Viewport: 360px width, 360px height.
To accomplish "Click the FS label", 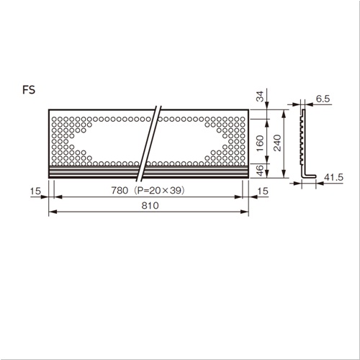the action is pos(29,90).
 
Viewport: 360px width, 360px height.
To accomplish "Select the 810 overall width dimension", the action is pos(150,206).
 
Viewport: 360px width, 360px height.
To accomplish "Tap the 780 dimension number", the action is pos(120,191).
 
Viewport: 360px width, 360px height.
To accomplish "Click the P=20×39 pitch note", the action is pos(159,191).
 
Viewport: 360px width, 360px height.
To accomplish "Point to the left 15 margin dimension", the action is pos(35,192).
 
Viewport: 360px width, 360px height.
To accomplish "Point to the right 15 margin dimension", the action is pos(263,192).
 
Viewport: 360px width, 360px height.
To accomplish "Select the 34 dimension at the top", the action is pos(260,96).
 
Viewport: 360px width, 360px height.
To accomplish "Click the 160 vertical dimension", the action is pos(260,143).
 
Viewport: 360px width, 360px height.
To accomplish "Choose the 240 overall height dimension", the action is pos(277,143).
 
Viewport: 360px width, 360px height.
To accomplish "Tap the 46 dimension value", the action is pos(260,170).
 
